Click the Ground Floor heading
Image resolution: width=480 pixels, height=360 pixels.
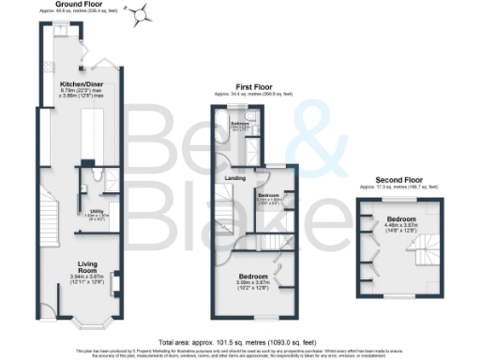click(x=80, y=5)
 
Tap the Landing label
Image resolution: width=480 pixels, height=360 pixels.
click(x=233, y=177)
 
